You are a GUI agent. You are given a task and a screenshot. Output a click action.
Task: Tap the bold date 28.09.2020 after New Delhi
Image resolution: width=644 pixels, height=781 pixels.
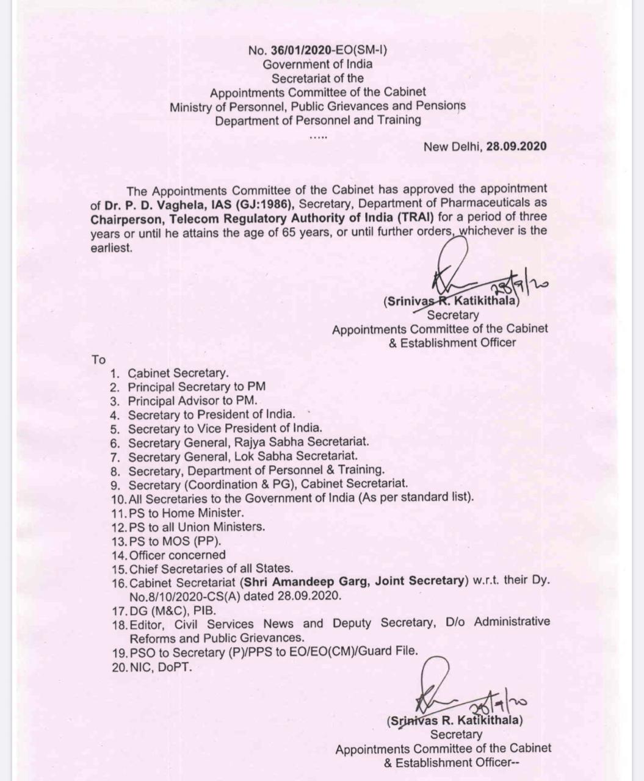pos(516,146)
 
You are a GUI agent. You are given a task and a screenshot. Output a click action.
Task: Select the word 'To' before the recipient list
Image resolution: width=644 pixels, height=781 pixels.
pos(98,360)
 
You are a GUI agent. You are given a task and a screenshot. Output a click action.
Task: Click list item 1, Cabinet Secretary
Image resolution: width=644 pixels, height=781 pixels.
pos(178,373)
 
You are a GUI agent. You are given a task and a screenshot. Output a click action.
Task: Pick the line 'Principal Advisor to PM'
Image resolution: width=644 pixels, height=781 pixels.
pos(192,401)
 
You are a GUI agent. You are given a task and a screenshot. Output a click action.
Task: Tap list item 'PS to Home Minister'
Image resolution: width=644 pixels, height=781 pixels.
pos(186,513)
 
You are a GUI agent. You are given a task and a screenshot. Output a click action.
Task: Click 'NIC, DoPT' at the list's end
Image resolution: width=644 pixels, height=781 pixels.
pos(161,667)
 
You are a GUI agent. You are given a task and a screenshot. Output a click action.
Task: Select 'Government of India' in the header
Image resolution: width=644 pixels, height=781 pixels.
pos(317,64)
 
